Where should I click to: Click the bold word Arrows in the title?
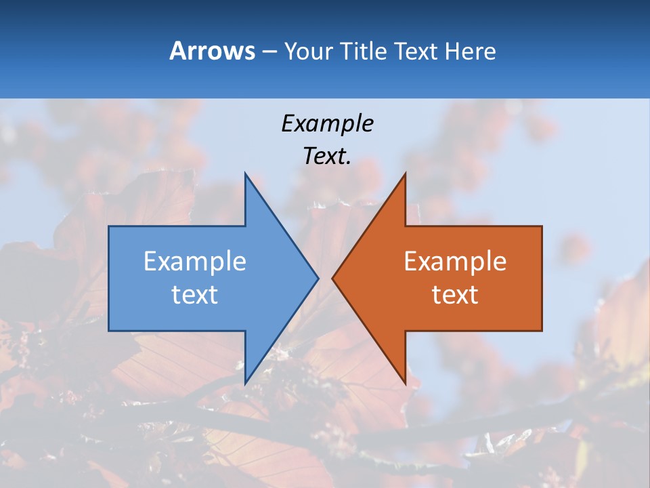click(x=212, y=51)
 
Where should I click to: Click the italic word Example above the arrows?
click(x=327, y=123)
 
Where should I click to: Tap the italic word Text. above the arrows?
click(x=327, y=157)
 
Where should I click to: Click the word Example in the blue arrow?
click(x=195, y=262)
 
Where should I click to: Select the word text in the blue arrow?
click(x=195, y=295)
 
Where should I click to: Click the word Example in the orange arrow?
click(x=455, y=262)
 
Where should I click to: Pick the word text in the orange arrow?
click(x=455, y=295)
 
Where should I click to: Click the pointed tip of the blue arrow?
click(x=318, y=278)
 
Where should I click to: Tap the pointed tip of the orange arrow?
click(x=332, y=278)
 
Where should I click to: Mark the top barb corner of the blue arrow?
click(x=245, y=174)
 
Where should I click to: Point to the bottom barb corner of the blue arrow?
click(x=245, y=384)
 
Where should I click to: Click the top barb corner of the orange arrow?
click(x=405, y=174)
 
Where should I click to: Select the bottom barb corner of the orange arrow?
click(x=405, y=384)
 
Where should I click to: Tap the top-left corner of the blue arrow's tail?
click(x=109, y=226)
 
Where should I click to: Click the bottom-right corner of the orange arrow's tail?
click(x=542, y=331)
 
